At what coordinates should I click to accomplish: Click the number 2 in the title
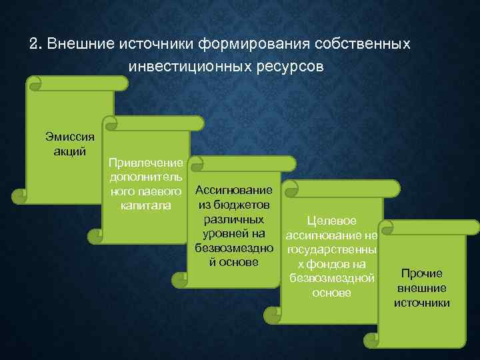(34, 45)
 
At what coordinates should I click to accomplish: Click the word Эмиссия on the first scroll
(70, 137)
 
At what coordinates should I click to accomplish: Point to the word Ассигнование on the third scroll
(233, 191)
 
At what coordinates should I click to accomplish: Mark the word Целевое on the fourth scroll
(331, 221)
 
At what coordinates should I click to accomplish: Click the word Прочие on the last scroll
(421, 273)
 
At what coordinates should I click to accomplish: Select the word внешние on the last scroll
(421, 288)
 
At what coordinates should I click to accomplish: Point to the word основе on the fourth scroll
(331, 292)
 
